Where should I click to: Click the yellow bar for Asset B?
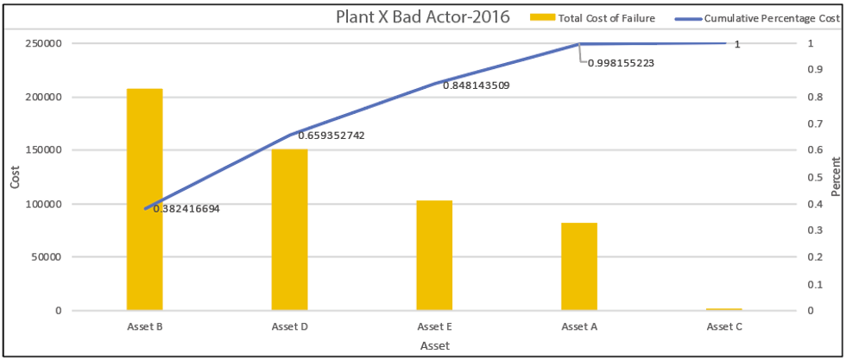144,199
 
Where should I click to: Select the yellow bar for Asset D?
289,229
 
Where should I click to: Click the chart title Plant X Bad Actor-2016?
422,16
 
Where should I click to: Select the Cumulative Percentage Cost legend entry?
760,17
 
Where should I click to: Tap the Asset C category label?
724,326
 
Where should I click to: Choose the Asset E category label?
434,326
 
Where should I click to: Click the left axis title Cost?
15,177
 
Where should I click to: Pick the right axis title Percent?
835,177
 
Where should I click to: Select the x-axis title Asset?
434,345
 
